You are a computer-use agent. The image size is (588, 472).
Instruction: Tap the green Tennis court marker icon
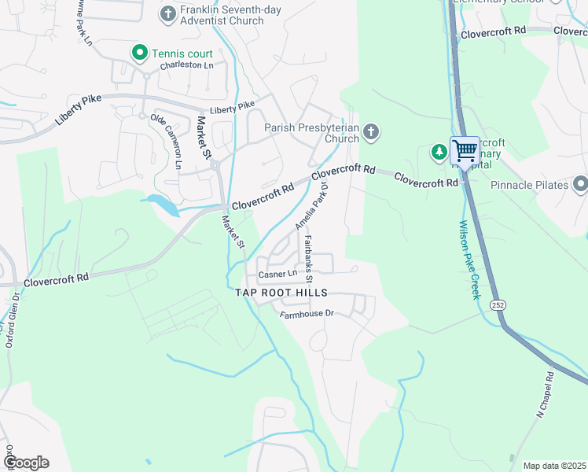coord(140,53)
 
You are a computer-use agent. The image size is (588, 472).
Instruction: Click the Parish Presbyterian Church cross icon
coord(371,132)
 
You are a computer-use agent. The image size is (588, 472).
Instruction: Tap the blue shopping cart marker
coord(465,149)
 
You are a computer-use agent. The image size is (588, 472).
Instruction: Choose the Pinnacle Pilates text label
coord(529,185)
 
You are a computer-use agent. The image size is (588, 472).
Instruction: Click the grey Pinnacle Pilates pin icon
coord(580,184)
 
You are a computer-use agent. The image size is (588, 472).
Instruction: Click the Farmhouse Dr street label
coord(307,313)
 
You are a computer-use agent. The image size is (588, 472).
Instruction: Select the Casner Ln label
coord(277,274)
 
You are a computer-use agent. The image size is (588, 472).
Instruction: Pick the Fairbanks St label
coord(309,259)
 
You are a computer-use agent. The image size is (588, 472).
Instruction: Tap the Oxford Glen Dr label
coord(13,320)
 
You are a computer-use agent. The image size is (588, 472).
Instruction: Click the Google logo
coord(26,463)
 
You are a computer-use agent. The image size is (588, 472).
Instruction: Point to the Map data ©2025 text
coord(554,466)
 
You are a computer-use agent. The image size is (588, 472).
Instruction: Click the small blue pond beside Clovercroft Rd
coord(162,204)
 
